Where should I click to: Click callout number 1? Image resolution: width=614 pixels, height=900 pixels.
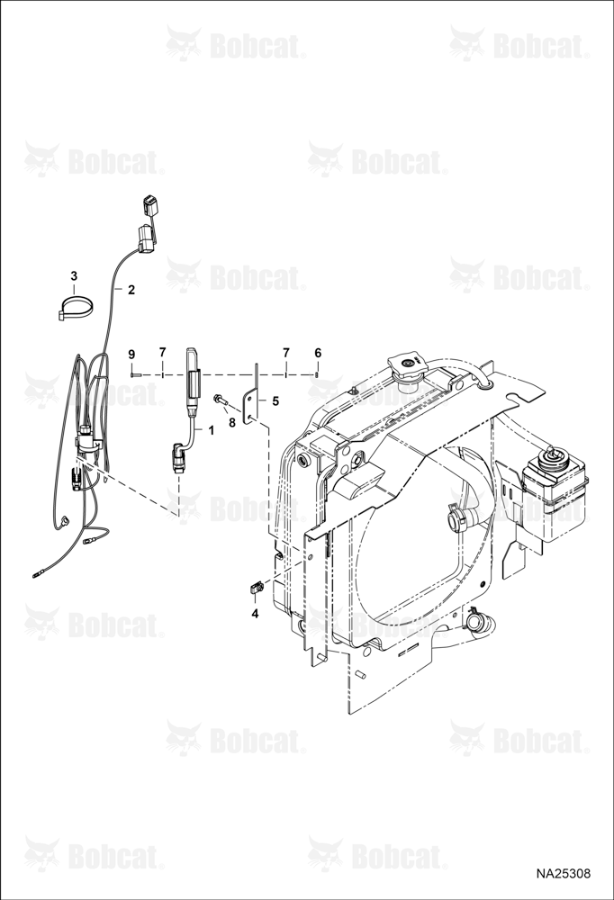pyautogui.click(x=211, y=429)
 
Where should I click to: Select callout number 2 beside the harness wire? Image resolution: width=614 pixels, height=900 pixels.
pyautogui.click(x=131, y=290)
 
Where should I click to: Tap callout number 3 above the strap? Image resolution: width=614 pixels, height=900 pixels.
pyautogui.click(x=74, y=275)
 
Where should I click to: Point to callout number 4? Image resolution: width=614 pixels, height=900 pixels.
pyautogui.click(x=255, y=614)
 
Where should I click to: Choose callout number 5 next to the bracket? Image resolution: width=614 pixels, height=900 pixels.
pyautogui.click(x=275, y=401)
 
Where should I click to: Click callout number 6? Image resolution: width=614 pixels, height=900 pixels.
pyautogui.click(x=318, y=353)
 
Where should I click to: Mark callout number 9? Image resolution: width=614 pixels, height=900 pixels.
pyautogui.click(x=131, y=353)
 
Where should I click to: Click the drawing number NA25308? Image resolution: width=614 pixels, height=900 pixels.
pyautogui.click(x=564, y=874)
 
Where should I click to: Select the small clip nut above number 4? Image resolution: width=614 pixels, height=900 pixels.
pyautogui.click(x=257, y=588)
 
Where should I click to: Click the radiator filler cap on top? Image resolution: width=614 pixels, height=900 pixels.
pyautogui.click(x=408, y=364)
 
